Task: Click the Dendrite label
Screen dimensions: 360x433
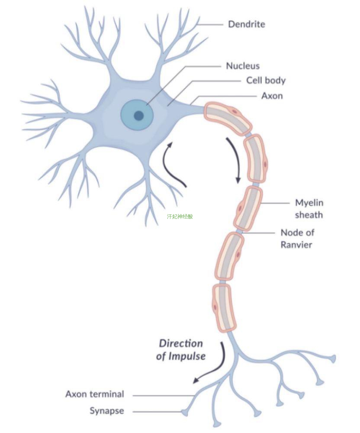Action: tap(246, 24)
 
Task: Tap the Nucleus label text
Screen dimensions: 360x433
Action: tap(243, 66)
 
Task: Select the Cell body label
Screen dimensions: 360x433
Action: tap(266, 81)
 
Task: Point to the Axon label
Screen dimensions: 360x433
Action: tap(272, 96)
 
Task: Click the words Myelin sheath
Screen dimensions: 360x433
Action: tap(309, 209)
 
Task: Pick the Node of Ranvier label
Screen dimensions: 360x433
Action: tap(297, 239)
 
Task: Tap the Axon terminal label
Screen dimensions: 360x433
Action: tap(95, 394)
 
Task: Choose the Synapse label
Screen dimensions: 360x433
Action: tap(107, 411)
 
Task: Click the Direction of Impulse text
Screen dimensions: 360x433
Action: tap(181, 350)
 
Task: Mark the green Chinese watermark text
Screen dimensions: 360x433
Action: tap(180, 216)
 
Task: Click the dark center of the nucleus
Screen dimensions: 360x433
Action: tap(138, 116)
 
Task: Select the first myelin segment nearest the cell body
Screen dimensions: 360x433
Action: tap(228, 118)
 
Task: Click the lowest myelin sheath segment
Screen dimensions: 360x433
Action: tap(224, 307)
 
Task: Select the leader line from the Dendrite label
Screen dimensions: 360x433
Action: tap(210, 25)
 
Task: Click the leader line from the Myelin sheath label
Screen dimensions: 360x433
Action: tap(275, 203)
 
